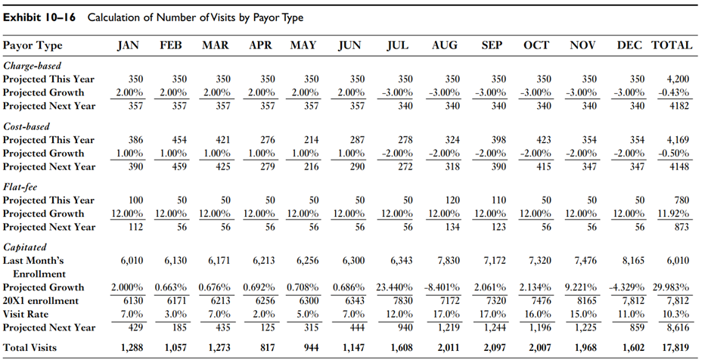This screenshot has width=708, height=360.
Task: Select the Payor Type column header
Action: (33, 45)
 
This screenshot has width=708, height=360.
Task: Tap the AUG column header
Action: (444, 45)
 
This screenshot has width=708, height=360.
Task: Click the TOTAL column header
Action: (672, 45)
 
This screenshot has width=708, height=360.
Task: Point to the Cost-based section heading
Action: (29, 126)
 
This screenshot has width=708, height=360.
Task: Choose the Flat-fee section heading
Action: (23, 187)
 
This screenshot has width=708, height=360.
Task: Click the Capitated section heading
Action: (26, 247)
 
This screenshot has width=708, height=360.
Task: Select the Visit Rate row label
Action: (26, 314)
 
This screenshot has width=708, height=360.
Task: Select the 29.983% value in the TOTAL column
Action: (672, 288)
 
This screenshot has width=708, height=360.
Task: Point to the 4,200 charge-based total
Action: (676, 79)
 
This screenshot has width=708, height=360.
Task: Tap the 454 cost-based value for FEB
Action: (179, 139)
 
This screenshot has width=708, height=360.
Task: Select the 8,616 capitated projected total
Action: (676, 327)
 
